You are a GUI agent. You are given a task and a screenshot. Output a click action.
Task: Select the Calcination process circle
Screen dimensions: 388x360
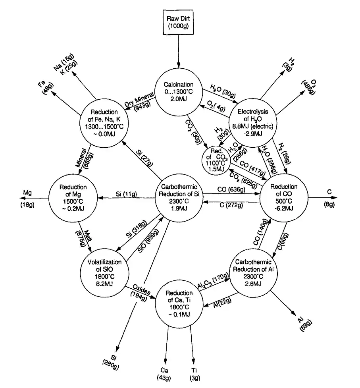click(x=179, y=93)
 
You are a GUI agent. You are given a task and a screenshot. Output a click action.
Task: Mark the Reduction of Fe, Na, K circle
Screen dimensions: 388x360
click(x=104, y=121)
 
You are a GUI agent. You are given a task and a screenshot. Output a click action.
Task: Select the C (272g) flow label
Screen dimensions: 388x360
click(x=230, y=206)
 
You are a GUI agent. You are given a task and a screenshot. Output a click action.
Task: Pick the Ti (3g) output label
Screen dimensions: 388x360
click(x=194, y=374)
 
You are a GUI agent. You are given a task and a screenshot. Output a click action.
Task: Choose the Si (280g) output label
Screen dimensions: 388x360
click(x=115, y=360)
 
